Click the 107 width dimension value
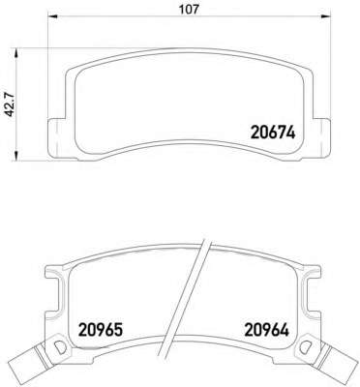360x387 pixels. click(189, 9)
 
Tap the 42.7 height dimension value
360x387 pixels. click(9, 104)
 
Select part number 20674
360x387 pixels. click(273, 133)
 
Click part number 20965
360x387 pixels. click(101, 330)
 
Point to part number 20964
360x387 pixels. click(267, 330)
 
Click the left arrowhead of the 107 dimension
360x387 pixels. click(52, 16)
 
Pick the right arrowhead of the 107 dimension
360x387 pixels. click(326, 16)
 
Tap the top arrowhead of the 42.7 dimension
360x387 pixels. click(15, 53)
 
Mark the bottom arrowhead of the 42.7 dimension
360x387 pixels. click(15, 156)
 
